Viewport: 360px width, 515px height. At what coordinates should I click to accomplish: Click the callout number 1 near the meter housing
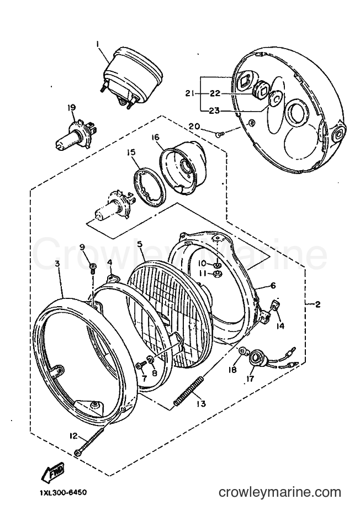(97, 43)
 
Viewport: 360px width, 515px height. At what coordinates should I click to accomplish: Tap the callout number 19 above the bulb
(72, 107)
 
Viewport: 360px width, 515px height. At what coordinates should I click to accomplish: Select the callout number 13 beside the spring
(201, 403)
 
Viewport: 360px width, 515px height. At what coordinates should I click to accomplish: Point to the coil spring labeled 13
(189, 392)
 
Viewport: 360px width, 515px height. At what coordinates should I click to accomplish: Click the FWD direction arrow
(53, 474)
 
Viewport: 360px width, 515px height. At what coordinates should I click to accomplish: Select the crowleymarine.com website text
(280, 493)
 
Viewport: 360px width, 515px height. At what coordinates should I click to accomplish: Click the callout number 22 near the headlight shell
(215, 93)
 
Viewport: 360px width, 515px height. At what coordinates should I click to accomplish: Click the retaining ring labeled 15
(149, 187)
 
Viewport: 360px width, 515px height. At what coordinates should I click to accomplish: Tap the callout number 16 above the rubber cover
(155, 137)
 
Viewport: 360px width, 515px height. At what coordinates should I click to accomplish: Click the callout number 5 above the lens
(140, 244)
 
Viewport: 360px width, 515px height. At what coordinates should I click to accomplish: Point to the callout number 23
(215, 111)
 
